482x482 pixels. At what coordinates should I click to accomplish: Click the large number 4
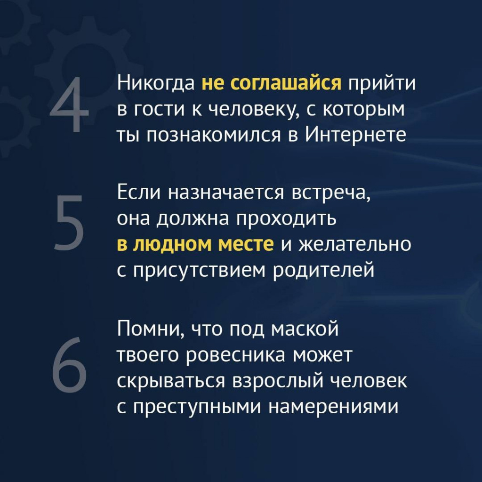(x=69, y=104)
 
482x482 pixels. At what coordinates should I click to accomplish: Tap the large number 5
(x=69, y=222)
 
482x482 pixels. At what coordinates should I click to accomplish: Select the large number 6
(x=69, y=365)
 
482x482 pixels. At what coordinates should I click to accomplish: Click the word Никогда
(x=156, y=83)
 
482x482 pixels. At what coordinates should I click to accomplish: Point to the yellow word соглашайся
(x=286, y=83)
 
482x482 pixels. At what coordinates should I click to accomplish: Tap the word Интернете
(x=356, y=135)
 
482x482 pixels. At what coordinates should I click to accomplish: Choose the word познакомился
(x=214, y=136)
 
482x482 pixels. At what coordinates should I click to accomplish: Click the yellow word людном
(x=172, y=244)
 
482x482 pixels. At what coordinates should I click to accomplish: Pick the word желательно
(x=355, y=244)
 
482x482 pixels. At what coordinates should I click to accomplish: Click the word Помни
(x=151, y=329)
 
